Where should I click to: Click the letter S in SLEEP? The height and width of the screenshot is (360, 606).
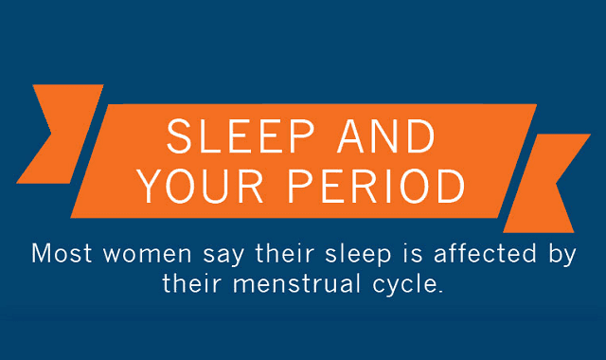(177, 138)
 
